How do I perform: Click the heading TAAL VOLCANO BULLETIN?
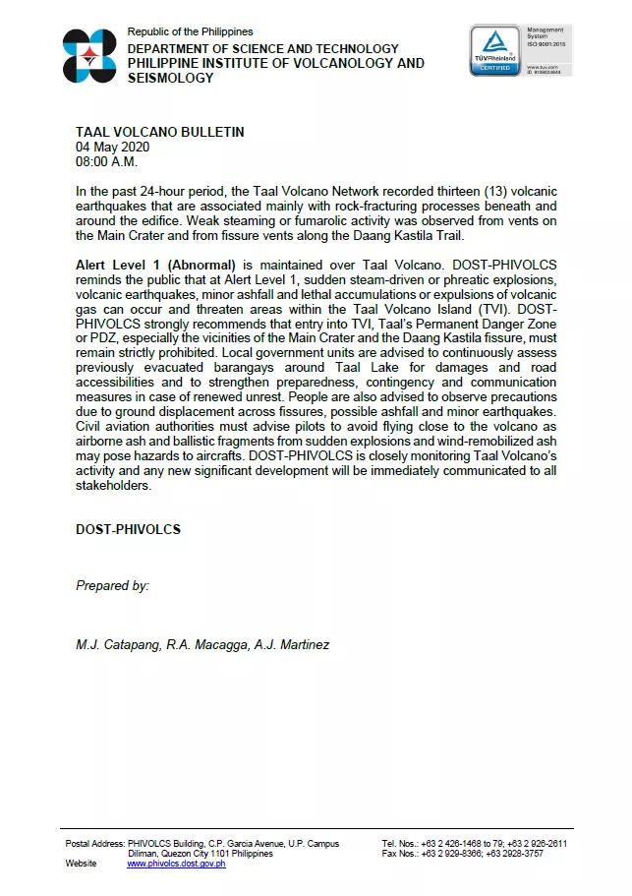point(160,132)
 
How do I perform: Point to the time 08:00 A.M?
point(107,161)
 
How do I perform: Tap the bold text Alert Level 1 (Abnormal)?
point(156,266)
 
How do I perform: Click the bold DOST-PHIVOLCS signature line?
point(128,529)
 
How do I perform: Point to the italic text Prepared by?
point(112,585)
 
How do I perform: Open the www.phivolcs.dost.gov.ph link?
point(176,864)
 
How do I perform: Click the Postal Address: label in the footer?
point(95,844)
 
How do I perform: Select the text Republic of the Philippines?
point(190,32)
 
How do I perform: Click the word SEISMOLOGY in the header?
point(171,78)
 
